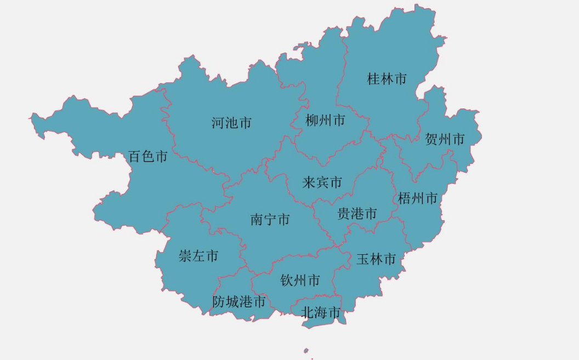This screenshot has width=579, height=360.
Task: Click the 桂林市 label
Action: click(387, 79)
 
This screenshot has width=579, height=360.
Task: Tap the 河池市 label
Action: click(231, 123)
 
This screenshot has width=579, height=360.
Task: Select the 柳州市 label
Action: click(326, 120)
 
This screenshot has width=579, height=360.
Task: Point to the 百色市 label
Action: click(148, 157)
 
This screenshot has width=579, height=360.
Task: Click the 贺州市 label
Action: click(445, 139)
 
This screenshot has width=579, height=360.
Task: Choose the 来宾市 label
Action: click(322, 182)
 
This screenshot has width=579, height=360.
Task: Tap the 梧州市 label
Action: click(418, 198)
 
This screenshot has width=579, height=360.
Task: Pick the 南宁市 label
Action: click(270, 220)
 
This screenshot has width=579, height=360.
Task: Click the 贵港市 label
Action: click(357, 214)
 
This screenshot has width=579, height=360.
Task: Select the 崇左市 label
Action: click(198, 256)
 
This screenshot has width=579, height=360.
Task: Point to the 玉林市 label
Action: click(376, 259)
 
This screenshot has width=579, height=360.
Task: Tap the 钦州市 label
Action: click(300, 281)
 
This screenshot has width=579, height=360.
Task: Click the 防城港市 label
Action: click(239, 301)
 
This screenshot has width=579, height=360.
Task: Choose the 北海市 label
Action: click(321, 313)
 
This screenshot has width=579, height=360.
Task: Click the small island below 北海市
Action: click(306, 351)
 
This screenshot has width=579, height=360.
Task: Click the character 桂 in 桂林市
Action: click(374, 79)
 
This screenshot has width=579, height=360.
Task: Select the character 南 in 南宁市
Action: click(257, 220)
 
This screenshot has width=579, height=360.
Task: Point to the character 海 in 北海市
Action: click(321, 313)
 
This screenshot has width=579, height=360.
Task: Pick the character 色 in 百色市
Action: click(148, 157)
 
